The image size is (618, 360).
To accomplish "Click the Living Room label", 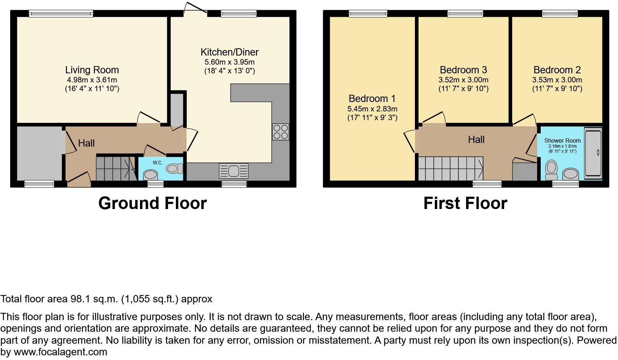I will (x=92, y=70).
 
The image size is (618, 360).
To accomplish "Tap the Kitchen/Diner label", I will (x=230, y=52).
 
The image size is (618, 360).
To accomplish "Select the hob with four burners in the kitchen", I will (x=281, y=132).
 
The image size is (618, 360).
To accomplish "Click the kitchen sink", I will (x=234, y=171).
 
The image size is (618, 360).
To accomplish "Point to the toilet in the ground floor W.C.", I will (x=175, y=168).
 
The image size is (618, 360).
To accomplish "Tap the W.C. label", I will (x=157, y=163).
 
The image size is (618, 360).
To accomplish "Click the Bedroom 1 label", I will (x=372, y=99).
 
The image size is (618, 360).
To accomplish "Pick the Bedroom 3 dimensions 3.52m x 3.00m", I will (x=463, y=80).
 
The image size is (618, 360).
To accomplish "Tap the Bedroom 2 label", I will (x=557, y=70).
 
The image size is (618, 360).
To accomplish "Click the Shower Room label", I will (x=562, y=140).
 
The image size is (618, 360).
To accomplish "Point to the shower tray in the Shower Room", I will (x=593, y=152).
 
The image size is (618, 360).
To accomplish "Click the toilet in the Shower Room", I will (x=551, y=169).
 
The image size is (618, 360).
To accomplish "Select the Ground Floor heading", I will (x=152, y=203).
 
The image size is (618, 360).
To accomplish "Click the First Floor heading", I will (x=465, y=203).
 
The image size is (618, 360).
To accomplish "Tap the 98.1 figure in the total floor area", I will (x=79, y=299).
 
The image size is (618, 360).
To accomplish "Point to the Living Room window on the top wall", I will (x=61, y=14).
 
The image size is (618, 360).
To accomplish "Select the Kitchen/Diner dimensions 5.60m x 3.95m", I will (x=230, y=62).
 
